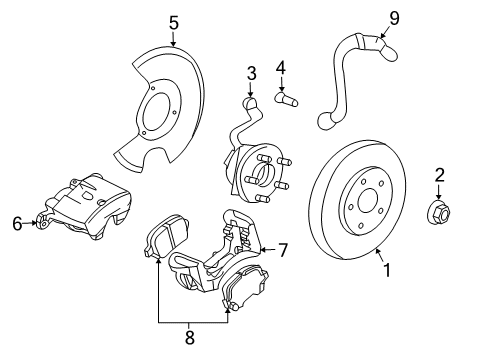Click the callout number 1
click(387, 269)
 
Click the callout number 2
click(437, 177)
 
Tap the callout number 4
click(281, 68)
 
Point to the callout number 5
click(173, 21)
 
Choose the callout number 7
click(282, 249)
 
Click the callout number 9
click(394, 17)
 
